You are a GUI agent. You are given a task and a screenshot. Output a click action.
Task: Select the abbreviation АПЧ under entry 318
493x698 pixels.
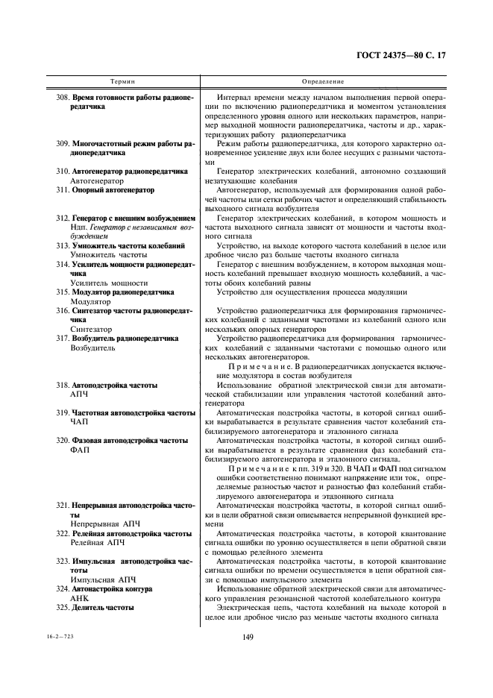(80, 393)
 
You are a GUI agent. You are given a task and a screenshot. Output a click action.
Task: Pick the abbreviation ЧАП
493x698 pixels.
(80, 421)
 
